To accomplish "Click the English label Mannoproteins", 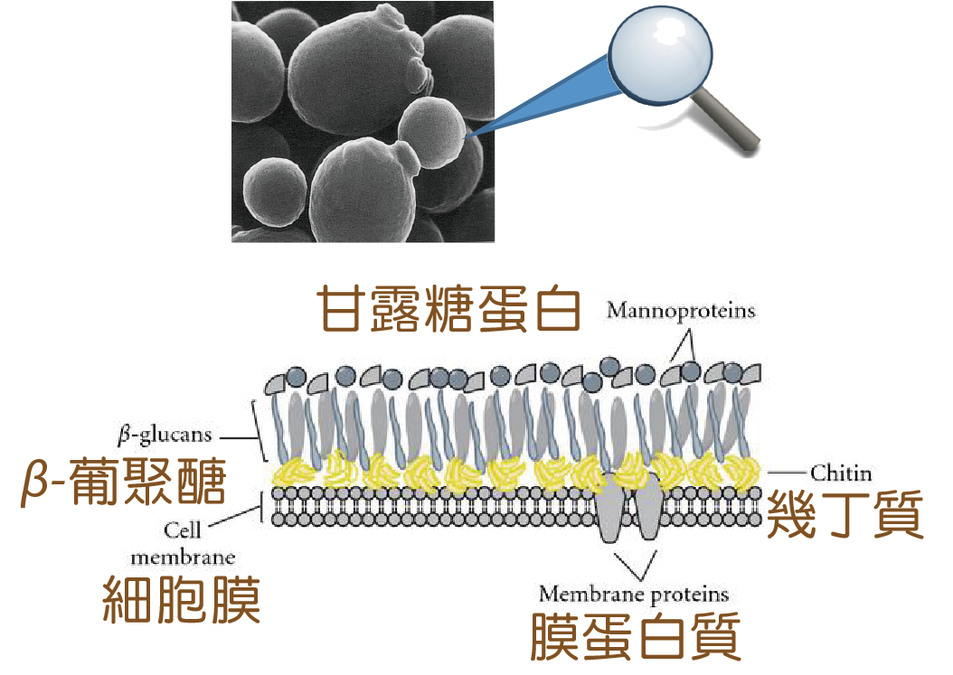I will pos(681,312).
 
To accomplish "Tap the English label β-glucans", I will pos(165,435).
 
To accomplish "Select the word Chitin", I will pos(841,473).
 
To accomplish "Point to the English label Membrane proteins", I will pos(633,594).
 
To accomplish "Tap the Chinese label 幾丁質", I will pos(845,517).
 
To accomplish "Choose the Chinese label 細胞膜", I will pos(182,599).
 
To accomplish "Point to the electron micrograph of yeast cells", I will pos(363,121).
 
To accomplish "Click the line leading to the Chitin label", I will pos(786,473).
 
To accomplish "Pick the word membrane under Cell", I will pos(183,557).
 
